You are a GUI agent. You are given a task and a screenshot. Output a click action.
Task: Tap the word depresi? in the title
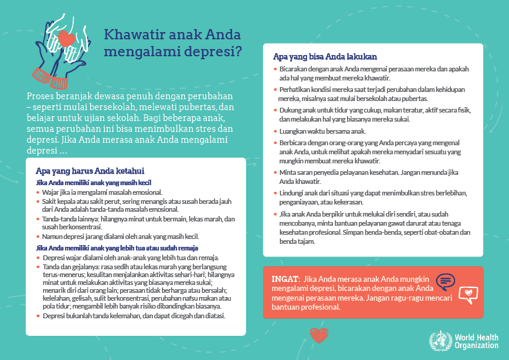(215, 51)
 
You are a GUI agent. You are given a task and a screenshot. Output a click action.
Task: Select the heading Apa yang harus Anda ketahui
(89, 171)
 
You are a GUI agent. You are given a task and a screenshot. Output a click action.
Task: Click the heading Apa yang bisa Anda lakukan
(325, 56)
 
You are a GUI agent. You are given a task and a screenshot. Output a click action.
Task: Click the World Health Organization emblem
(437, 341)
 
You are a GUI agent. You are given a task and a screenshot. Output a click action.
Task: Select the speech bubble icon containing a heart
(468, 294)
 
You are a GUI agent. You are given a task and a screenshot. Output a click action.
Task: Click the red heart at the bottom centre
(319, 335)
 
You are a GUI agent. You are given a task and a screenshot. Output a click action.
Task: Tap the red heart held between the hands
(69, 39)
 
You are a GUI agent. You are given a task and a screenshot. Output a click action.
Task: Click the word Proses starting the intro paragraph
(43, 97)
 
